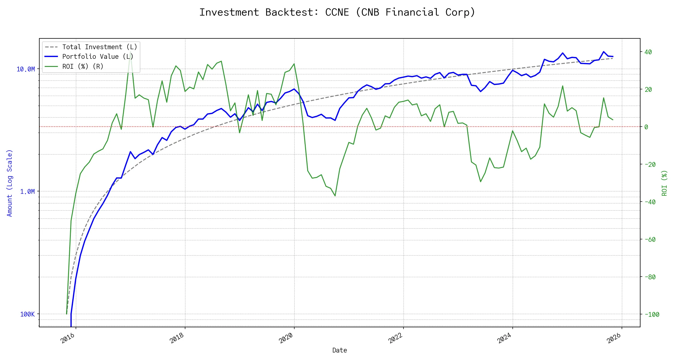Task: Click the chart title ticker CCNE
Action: (x=337, y=12)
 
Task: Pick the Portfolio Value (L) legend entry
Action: (x=98, y=57)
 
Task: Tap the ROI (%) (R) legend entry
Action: (x=83, y=66)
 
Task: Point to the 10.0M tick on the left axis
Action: (x=25, y=69)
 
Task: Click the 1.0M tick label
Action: (x=27, y=191)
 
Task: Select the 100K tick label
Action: (x=27, y=314)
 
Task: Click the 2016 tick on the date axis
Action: (x=68, y=338)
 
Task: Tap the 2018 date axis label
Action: (x=177, y=338)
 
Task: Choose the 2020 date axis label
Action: (x=286, y=338)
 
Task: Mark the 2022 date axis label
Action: (x=395, y=338)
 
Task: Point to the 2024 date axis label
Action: (x=505, y=338)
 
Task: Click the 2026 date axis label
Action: (x=614, y=338)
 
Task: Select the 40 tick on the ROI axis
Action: (x=648, y=52)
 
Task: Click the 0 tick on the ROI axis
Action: (x=646, y=127)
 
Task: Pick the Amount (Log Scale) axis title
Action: (x=10, y=183)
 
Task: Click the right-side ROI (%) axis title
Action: (x=664, y=183)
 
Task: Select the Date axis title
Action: (x=340, y=350)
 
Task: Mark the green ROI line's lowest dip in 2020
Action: (x=335, y=196)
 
